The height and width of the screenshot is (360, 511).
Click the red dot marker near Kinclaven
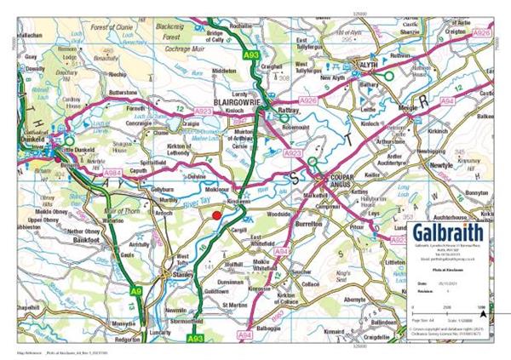pos(216,216)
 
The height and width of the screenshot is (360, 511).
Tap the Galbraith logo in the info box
pos(447,233)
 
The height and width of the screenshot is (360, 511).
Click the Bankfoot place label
pos(87,240)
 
